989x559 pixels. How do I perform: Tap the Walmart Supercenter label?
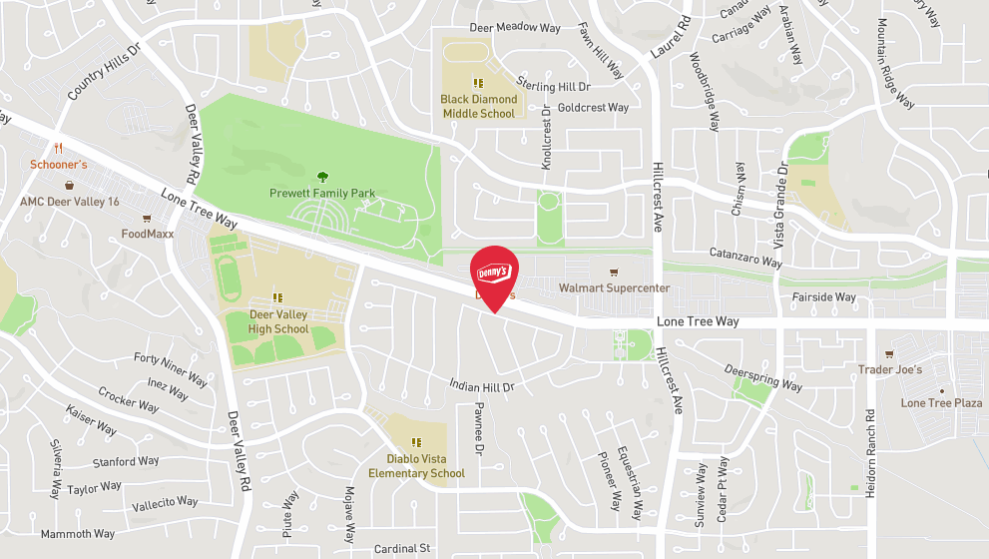pyautogui.click(x=614, y=288)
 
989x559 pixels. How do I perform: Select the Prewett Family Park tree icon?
pyautogui.click(x=321, y=176)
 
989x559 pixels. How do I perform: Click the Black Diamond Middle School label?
pyautogui.click(x=479, y=106)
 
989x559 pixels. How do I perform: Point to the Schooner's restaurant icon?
pyautogui.click(x=59, y=148)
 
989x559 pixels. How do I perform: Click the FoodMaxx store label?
pyautogui.click(x=148, y=234)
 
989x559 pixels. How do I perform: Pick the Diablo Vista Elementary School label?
pyautogui.click(x=416, y=466)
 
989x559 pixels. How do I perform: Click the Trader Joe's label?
pyautogui.click(x=890, y=369)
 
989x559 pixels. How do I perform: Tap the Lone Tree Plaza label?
pyautogui.click(x=941, y=403)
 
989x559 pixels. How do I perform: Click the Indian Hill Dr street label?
pyautogui.click(x=481, y=385)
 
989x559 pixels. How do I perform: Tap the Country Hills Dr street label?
pyautogui.click(x=105, y=71)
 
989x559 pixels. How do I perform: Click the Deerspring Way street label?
pyautogui.click(x=763, y=377)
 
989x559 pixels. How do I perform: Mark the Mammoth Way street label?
pyautogui.click(x=78, y=534)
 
